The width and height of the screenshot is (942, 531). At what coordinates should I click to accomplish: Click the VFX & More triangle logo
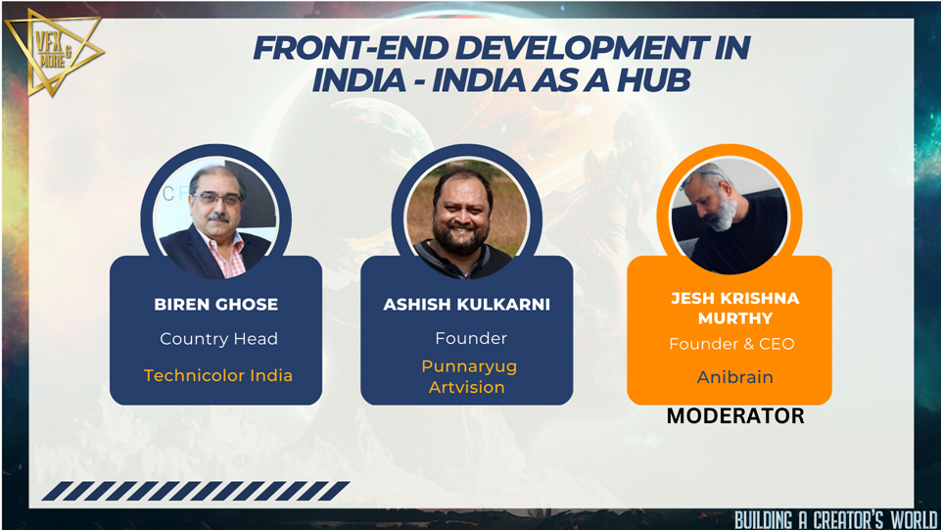(53, 53)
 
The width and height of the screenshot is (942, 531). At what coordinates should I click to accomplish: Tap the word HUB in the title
(654, 80)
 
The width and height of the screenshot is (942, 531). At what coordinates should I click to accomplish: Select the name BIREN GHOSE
(215, 305)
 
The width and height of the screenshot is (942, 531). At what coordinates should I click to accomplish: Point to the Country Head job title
(218, 339)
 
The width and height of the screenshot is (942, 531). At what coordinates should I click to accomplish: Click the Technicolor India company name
(218, 375)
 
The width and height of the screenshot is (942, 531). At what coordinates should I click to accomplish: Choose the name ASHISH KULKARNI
(467, 305)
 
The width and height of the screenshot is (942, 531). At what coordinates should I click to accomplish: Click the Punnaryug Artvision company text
(469, 376)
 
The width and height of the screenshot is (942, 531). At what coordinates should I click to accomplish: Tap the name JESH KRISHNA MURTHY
(734, 308)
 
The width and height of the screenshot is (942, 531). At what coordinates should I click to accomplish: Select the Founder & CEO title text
(731, 344)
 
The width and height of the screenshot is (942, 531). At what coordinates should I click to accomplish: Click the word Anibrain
(734, 377)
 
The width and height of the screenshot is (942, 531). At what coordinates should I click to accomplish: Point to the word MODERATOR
(735, 415)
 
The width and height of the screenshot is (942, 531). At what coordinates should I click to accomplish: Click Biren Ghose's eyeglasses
(217, 199)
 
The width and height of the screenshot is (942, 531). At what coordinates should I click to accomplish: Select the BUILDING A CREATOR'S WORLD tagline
(835, 519)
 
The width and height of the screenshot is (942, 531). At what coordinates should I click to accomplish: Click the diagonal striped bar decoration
(196, 491)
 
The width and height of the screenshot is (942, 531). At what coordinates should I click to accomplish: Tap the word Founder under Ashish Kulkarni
(471, 339)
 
